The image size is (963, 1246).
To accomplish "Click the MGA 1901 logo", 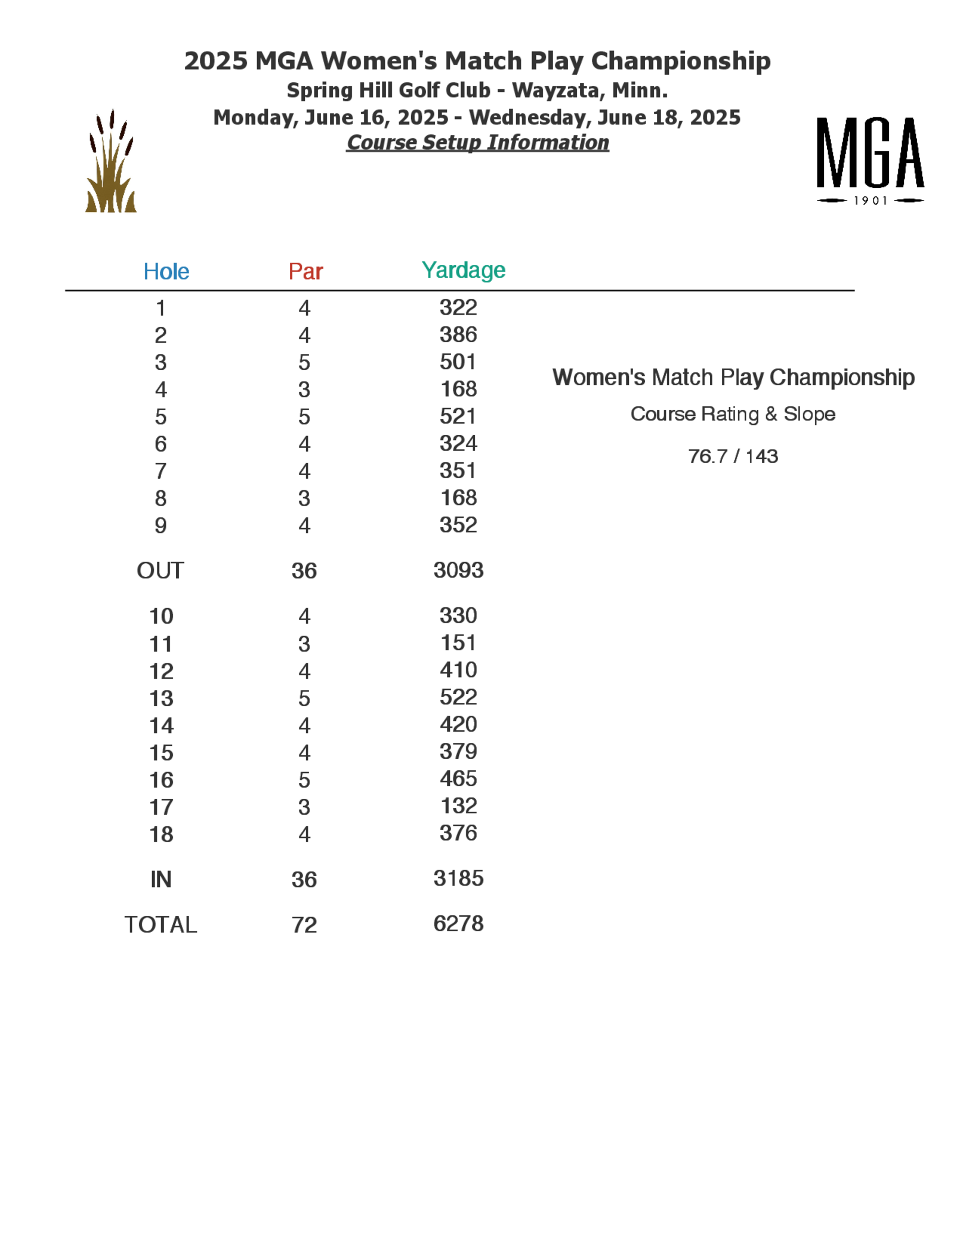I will click(x=870, y=160).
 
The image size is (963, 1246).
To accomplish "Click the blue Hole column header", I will click(x=166, y=272).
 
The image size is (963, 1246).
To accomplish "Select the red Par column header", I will click(x=305, y=272).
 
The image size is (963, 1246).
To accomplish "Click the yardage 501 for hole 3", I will click(x=457, y=362).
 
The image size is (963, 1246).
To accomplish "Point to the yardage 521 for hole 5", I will click(x=457, y=416).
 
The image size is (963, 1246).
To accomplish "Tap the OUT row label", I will click(x=160, y=571).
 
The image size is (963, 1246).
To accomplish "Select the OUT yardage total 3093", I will click(x=458, y=570).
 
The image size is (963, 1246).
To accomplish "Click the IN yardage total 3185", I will click(x=458, y=878).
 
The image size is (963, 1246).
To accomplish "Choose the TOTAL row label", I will click(x=161, y=925).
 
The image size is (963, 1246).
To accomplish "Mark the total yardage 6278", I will click(x=458, y=923).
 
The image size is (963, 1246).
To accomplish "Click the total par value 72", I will click(x=304, y=925).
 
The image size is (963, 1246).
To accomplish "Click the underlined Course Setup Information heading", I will click(x=478, y=143).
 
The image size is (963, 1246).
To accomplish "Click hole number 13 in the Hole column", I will click(x=161, y=698).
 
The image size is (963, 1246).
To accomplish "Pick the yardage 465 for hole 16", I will click(x=458, y=778).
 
